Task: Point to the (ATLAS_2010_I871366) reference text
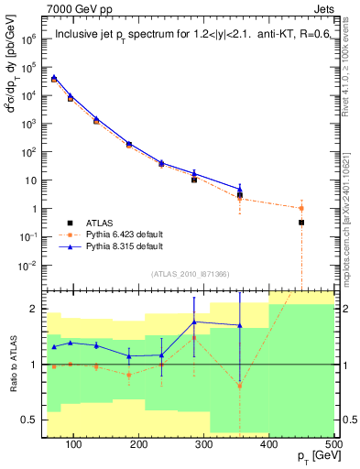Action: pyautogui.click(x=191, y=275)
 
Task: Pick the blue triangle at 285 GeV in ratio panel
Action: pyautogui.click(x=194, y=322)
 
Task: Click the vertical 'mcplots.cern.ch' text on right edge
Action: pyautogui.click(x=353, y=220)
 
